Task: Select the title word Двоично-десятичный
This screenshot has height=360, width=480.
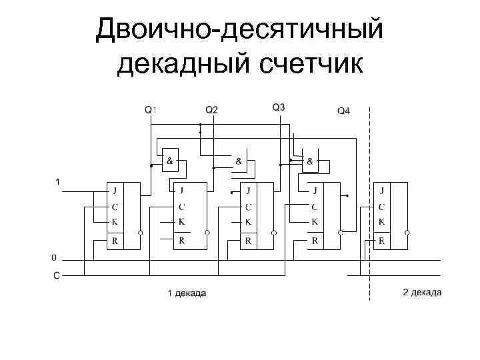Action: [x=239, y=29]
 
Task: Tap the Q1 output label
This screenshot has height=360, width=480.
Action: [x=151, y=109]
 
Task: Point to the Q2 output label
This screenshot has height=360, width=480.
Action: [x=211, y=109]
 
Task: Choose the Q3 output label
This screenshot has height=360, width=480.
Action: [x=279, y=107]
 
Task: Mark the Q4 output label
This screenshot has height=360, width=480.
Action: [x=343, y=111]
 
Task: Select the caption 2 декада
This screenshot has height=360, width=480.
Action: [x=422, y=293]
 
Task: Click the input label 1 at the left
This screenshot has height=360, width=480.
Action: [x=57, y=181]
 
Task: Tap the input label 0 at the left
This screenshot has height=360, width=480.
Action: [x=54, y=256]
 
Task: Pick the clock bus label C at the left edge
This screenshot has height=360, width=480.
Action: [x=55, y=274]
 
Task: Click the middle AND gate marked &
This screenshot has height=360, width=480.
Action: [x=239, y=161]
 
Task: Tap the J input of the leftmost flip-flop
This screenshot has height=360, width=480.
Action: [x=115, y=191]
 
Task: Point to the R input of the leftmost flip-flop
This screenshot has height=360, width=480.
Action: [x=115, y=241]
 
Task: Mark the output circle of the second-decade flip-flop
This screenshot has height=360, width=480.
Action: [x=408, y=233]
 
